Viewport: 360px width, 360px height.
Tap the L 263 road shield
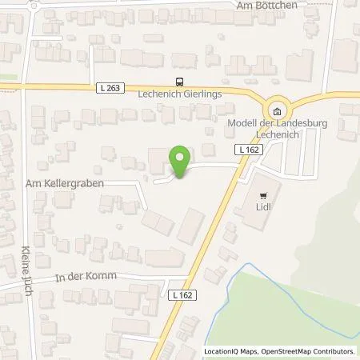point(114,87)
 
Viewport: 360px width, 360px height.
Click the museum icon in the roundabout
point(277,112)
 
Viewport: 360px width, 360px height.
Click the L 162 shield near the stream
point(182,295)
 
